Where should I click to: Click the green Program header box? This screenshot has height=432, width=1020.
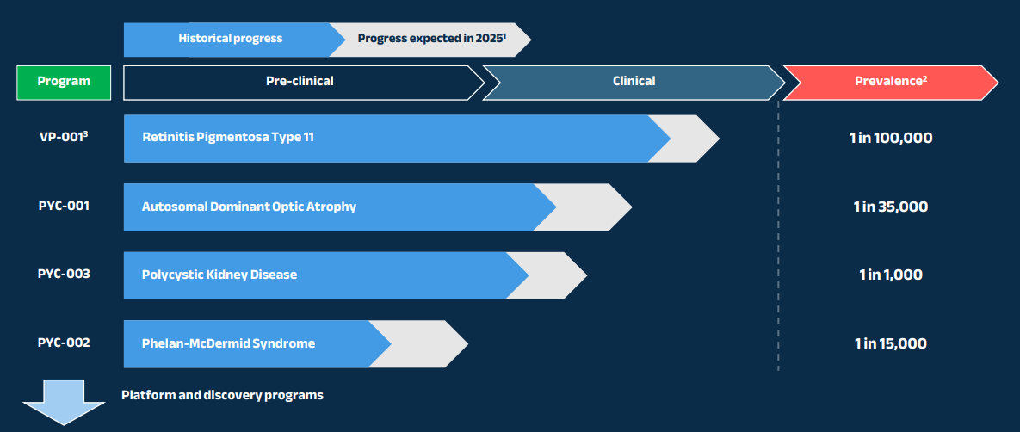(64, 82)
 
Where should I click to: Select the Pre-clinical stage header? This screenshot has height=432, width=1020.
(299, 82)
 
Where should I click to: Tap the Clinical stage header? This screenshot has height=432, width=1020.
(634, 82)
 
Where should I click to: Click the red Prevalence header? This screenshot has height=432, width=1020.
(890, 82)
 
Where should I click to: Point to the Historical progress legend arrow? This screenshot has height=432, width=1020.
(230, 39)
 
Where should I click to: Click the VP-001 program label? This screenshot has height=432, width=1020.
(64, 137)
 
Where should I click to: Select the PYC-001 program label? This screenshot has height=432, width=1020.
(64, 206)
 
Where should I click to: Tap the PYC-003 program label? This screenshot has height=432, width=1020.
(64, 274)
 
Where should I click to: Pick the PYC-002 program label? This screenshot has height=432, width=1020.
(64, 343)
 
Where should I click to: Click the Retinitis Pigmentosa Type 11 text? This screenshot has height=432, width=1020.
(234, 138)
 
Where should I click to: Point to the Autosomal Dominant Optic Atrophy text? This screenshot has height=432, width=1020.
(249, 207)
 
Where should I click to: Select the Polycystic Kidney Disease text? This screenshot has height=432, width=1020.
(219, 275)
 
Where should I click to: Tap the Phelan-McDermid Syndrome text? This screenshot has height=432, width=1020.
(228, 343)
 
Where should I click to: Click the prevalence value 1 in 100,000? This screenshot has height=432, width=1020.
(890, 138)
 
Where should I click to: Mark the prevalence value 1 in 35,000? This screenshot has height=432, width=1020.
(890, 207)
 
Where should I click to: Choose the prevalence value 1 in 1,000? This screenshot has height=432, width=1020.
(890, 275)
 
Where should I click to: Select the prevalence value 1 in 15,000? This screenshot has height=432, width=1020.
(890, 343)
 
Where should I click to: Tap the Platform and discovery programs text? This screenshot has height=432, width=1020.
(222, 395)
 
